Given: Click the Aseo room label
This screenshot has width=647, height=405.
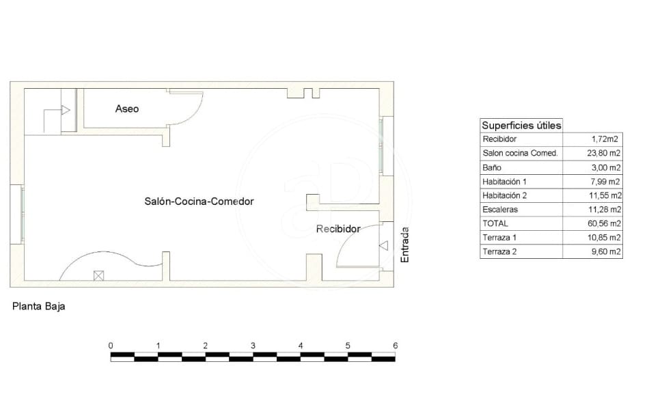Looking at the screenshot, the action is tap(126, 109).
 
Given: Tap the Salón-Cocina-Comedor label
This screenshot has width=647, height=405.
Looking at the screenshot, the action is tap(199, 201).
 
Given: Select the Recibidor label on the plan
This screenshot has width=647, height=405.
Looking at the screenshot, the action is tap(338, 229).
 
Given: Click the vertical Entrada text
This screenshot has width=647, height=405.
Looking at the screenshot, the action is tap(404, 245).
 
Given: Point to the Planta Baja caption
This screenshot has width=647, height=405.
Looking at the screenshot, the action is tap(39, 307).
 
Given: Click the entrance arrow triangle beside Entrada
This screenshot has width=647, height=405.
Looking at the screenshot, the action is tap(384, 246).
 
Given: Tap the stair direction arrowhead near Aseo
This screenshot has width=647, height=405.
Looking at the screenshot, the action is tap(65, 110).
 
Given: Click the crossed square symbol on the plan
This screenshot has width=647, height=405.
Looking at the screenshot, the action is tap(98, 275).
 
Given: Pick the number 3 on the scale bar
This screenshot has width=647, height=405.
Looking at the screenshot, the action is tap(253, 346).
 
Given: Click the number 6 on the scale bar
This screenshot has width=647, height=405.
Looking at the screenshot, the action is tap(396, 346).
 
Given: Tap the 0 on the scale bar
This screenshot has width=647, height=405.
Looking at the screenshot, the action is tap(111, 346).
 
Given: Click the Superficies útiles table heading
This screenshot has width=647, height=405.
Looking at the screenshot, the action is tap(521, 126).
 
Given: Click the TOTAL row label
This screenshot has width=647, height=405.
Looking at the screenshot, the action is tap(495, 223).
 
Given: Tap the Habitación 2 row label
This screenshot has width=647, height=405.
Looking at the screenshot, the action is tap(505, 195).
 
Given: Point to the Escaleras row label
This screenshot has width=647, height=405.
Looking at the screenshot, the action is tap(500, 210).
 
